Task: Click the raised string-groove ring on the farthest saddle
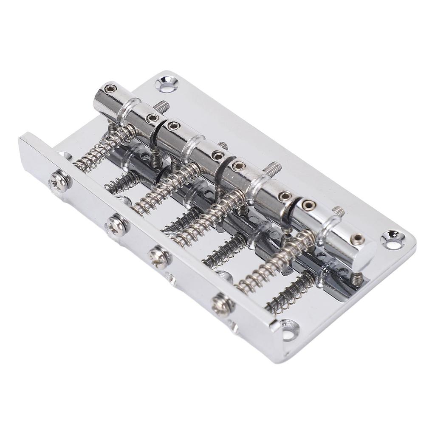(x=130, y=110)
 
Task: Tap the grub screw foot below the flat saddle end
(x=357, y=278)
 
